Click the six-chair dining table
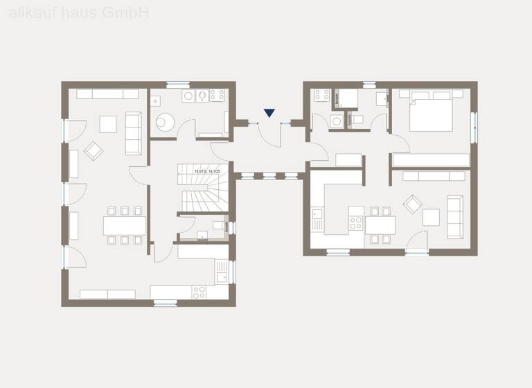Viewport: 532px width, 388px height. tap(125, 226)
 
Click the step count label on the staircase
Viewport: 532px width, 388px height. tap(207, 170)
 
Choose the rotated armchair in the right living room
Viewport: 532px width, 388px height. tap(412, 204)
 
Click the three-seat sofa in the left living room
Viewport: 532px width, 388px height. tap(133, 132)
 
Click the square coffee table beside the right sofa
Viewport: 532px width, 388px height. tap(431, 218)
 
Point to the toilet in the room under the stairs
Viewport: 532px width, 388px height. tap(219, 226)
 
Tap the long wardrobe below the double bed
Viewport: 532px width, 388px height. tap(431, 160)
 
